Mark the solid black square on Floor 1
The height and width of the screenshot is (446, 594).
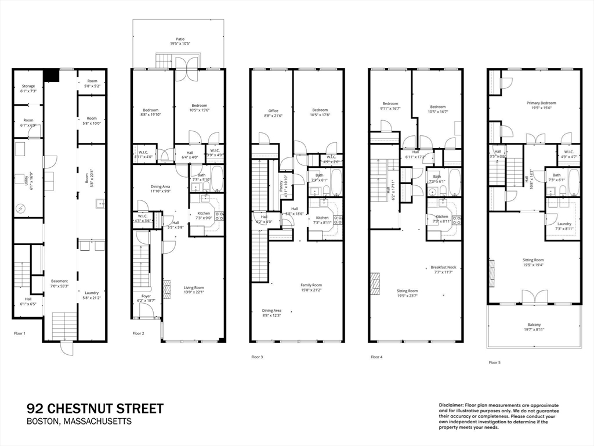[x=52, y=75]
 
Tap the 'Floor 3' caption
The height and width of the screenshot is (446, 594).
[x=257, y=357]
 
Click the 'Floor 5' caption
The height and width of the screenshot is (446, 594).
[x=494, y=362]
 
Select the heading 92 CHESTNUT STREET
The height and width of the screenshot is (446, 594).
[x=95, y=408]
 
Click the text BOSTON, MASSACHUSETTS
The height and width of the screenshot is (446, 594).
[x=79, y=422]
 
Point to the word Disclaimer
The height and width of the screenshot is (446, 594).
[x=450, y=405]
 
